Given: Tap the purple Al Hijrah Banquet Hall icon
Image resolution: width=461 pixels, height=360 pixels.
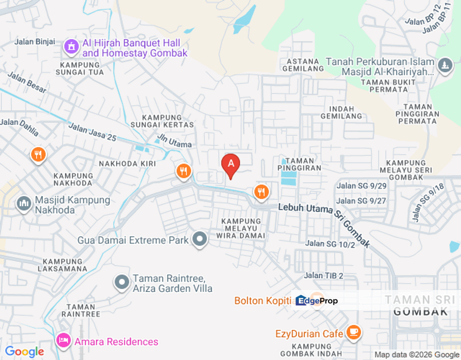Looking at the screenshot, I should (71, 47).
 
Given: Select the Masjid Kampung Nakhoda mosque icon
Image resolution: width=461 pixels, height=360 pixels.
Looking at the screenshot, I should (23, 204).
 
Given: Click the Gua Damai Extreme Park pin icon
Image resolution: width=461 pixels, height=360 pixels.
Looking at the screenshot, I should (200, 239).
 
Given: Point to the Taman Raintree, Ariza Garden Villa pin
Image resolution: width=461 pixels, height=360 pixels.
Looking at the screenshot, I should (122, 282).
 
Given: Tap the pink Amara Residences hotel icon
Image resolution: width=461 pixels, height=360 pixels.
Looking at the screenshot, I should (63, 341).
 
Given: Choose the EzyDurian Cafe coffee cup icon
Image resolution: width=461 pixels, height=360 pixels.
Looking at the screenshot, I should (353, 331).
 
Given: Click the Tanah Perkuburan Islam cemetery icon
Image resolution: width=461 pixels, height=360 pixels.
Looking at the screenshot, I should (444, 65).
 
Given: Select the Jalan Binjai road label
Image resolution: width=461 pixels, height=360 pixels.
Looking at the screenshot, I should (35, 41).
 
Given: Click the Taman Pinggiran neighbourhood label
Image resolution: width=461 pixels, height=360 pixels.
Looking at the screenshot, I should (299, 164).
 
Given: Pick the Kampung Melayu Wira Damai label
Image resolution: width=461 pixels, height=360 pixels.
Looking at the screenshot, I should (241, 228).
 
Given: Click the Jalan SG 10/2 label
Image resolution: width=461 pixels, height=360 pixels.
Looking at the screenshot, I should (329, 244).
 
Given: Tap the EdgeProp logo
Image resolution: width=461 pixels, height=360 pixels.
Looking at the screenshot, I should (316, 300).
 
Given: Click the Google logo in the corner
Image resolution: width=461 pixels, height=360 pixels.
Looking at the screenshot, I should (24, 352).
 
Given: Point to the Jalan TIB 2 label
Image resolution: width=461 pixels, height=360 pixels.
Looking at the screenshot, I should (323, 275).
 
